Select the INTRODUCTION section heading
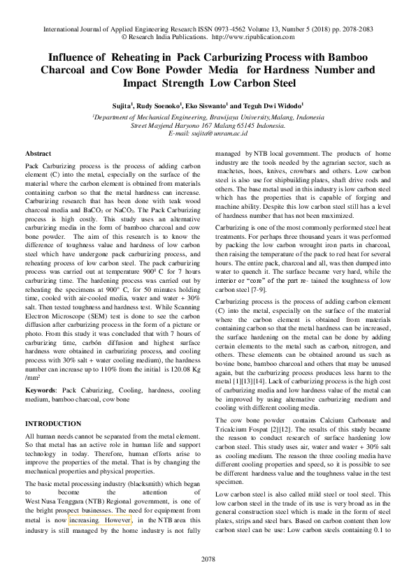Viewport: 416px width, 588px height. (x=53, y=424)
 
